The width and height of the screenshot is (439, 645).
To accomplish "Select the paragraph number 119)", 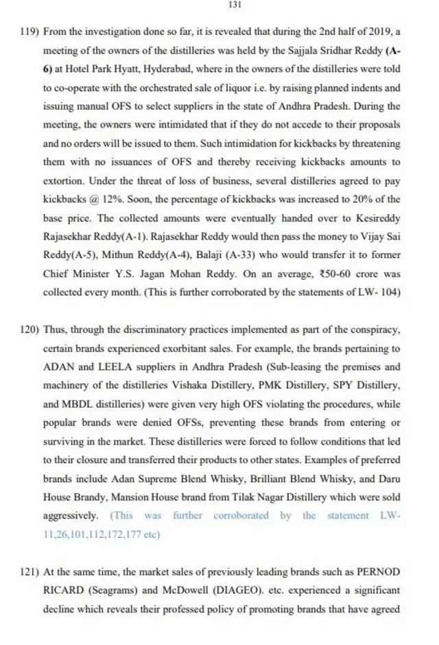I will pyautogui.click(x=31, y=32).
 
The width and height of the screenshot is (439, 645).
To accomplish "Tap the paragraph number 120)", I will pyautogui.click(x=31, y=329).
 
